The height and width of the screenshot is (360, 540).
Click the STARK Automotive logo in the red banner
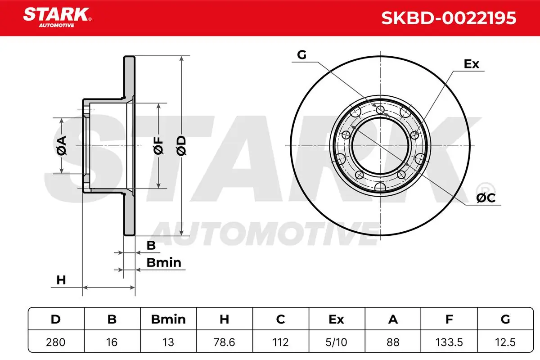pyautogui.click(x=57, y=18)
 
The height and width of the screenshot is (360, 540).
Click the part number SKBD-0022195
pyautogui.click(x=449, y=18)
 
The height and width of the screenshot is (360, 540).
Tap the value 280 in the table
pyautogui.click(x=56, y=342)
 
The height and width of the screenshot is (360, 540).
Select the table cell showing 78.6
pyautogui.click(x=224, y=342)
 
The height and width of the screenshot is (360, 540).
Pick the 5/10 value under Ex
pyautogui.click(x=336, y=342)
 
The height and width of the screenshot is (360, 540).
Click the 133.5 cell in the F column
pyautogui.click(x=449, y=342)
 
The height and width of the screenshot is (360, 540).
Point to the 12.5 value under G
pyautogui.click(x=505, y=342)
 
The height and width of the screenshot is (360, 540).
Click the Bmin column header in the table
pyautogui.click(x=168, y=319)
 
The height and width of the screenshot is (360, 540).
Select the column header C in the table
pyautogui.click(x=280, y=319)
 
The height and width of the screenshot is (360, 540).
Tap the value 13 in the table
pyautogui.click(x=168, y=342)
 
